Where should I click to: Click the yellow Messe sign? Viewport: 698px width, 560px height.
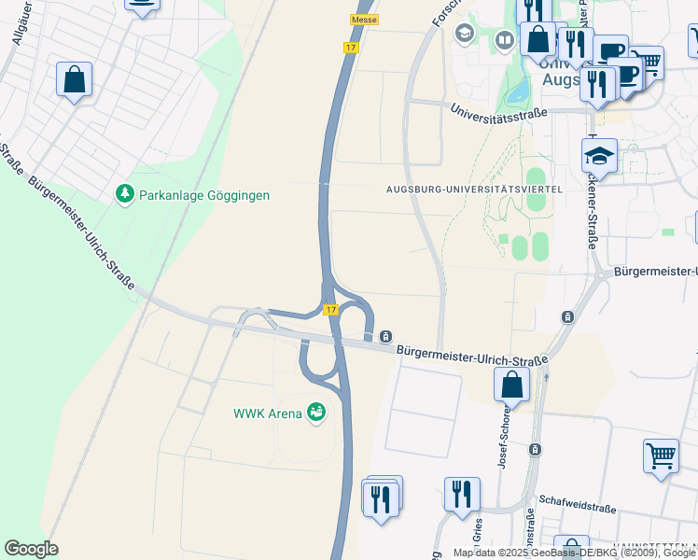tap(363, 20)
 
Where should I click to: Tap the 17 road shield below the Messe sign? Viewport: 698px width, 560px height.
tap(351, 47)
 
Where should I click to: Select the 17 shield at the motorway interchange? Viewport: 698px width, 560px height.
tap(331, 309)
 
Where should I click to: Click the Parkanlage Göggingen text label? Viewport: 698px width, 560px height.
tap(203, 195)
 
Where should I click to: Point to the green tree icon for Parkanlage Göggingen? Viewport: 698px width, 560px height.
tap(123, 194)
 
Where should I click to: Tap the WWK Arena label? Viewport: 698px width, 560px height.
tap(268, 413)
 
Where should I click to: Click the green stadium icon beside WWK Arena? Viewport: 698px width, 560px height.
tap(316, 412)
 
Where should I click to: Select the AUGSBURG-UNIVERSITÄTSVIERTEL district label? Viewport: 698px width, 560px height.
tap(474, 189)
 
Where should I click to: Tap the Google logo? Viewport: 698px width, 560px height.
tap(31, 549)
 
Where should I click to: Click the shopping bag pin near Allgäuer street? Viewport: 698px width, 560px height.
tap(75, 80)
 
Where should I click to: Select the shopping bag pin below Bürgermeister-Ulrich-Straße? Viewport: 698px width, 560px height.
tap(511, 385)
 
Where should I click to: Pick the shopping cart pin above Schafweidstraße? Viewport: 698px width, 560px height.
tap(661, 457)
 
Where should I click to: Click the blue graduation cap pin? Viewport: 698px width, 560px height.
tap(599, 156)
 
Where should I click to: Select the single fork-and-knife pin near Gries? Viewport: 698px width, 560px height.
tap(462, 495)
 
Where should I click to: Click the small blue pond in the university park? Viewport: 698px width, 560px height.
tap(516, 91)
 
